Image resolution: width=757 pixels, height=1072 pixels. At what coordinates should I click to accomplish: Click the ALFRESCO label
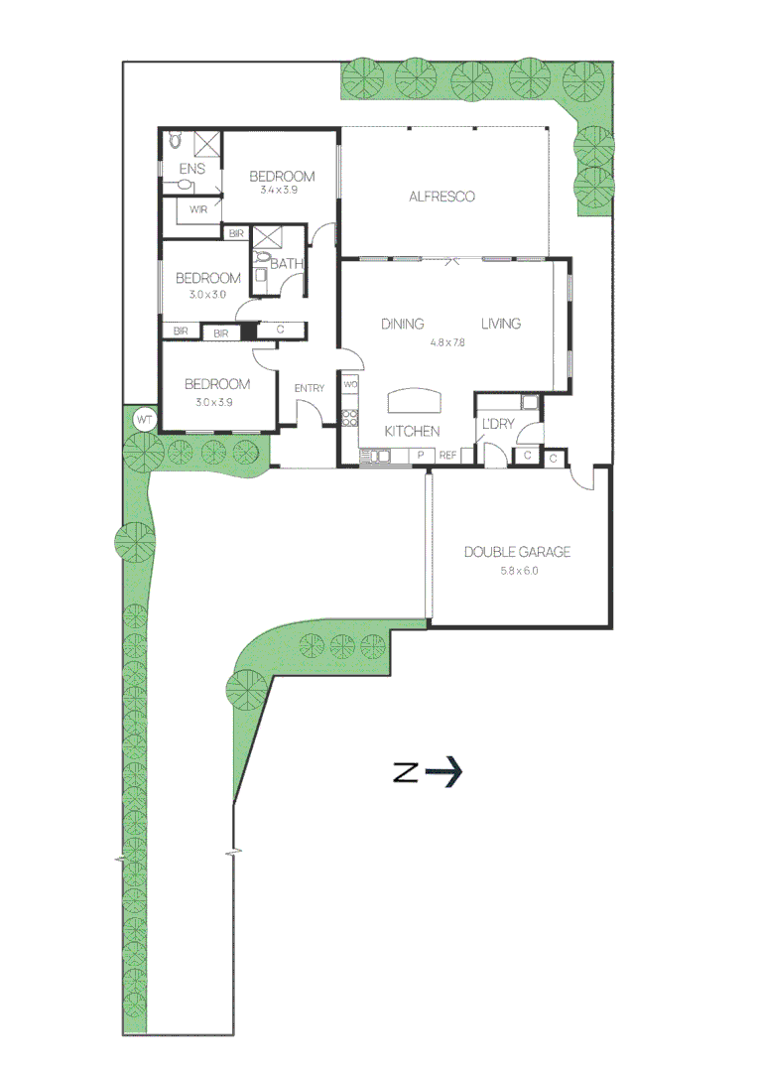point(442,197)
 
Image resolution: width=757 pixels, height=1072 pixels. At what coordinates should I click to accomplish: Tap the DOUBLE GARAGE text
point(517,553)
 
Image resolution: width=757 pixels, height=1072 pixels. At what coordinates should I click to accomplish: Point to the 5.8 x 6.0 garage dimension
point(517,571)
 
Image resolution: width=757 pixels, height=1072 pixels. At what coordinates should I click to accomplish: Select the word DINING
point(403,324)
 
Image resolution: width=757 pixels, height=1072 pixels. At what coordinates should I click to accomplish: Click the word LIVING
point(501,324)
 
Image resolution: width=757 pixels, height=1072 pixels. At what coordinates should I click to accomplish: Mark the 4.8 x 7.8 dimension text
point(447,341)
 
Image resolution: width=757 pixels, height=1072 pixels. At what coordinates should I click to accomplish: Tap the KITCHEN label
point(412,431)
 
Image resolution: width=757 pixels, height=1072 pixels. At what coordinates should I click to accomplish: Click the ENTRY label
point(309,388)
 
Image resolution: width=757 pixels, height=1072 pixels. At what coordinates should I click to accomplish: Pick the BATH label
point(286,264)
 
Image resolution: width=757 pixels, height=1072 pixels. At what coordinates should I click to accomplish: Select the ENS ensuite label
point(191,169)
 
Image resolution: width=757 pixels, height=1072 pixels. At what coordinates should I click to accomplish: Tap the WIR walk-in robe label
point(198,209)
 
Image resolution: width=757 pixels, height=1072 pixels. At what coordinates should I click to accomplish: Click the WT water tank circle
point(144,420)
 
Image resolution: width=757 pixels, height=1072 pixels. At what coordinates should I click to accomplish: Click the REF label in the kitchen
point(447,456)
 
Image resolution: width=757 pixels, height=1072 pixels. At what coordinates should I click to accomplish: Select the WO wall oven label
point(350,384)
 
